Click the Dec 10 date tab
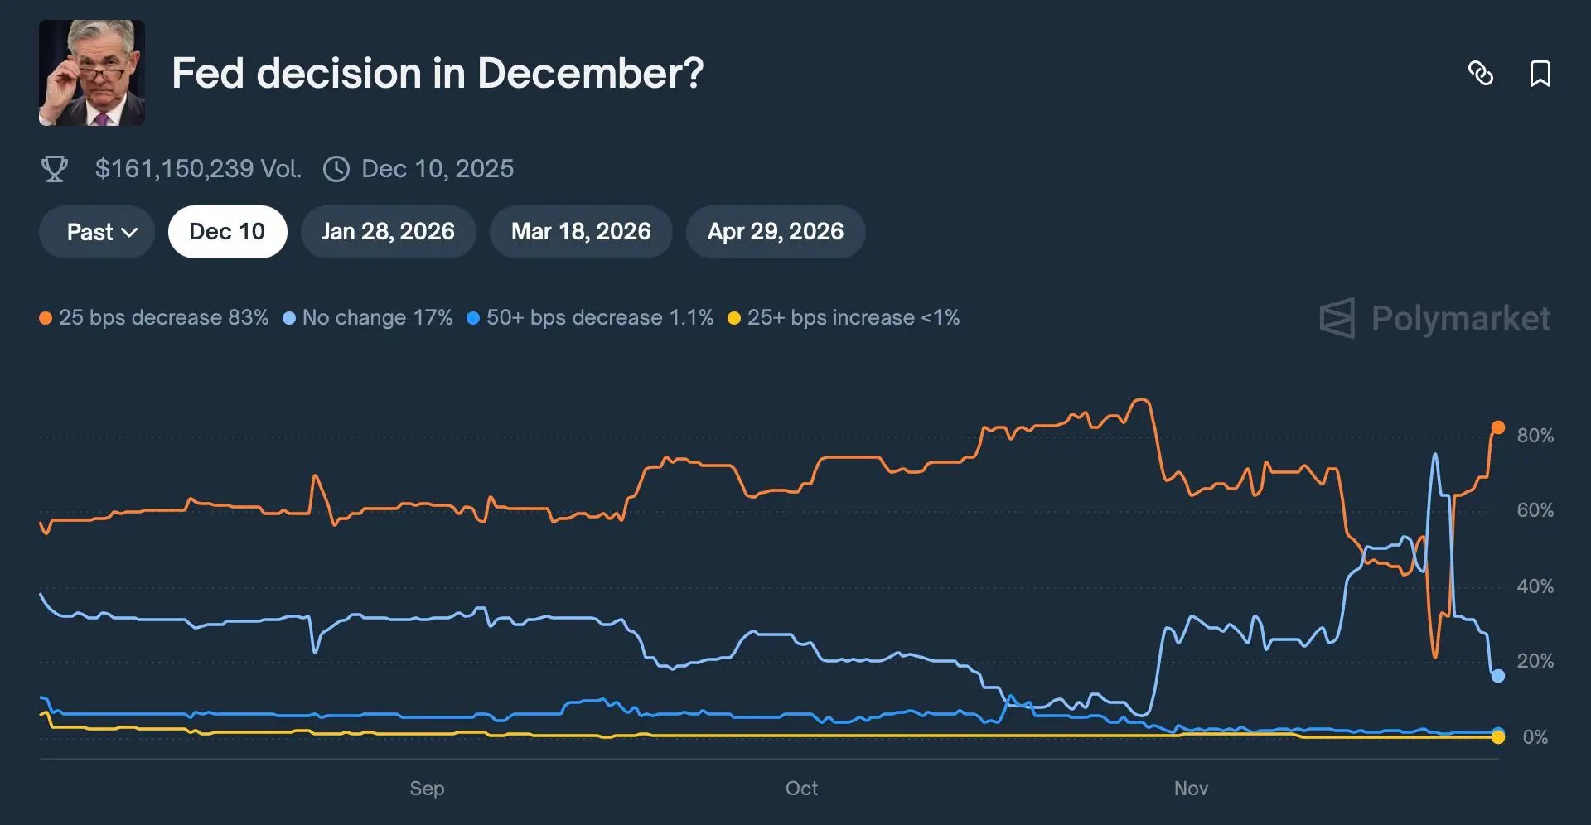[227, 232]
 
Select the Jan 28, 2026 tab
[388, 232]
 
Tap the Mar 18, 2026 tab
[581, 232]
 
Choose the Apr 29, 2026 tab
[775, 232]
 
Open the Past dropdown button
[97, 232]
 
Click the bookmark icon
[1540, 74]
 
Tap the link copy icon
[1481, 74]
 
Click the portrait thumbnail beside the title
[92, 73]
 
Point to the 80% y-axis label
[1535, 436]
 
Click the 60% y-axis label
[1535, 510]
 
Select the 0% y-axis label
[1535, 737]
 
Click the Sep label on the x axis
[427, 789]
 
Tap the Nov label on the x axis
[1191, 789]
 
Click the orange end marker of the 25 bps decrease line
[1498, 427]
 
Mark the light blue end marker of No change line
[1498, 676]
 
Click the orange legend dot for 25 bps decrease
[46, 318]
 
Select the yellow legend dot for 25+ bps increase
[733, 318]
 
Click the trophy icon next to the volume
[55, 169]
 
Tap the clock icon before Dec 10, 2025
[336, 169]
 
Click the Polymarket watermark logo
[1434, 318]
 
